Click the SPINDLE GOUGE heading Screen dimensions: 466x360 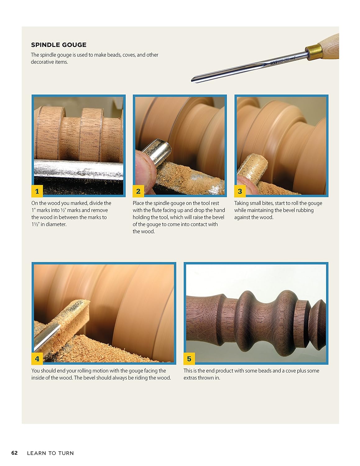[x=58, y=45]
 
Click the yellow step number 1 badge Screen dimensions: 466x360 [x=37, y=191]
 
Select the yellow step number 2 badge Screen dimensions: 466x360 [x=138, y=191]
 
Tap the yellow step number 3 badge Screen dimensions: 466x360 [x=240, y=191]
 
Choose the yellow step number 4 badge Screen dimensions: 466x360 [x=37, y=359]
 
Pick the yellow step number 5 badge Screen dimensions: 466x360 [x=189, y=359]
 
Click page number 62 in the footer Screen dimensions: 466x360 [x=14, y=453]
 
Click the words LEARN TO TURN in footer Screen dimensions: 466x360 [x=50, y=453]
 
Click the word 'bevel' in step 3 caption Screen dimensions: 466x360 [x=289, y=210]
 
